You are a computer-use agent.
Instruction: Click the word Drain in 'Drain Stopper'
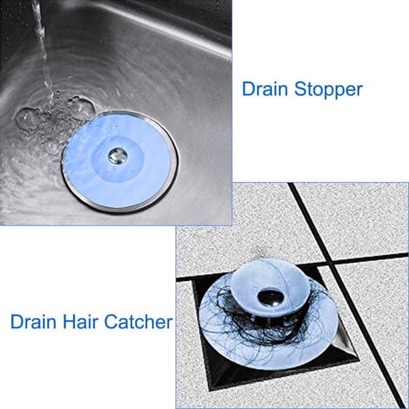click(x=265, y=89)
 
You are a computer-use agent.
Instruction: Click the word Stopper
click(x=329, y=90)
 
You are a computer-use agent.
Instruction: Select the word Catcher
click(x=138, y=321)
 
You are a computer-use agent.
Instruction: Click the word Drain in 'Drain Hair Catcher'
click(x=33, y=321)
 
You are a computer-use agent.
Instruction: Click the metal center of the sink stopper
click(x=117, y=155)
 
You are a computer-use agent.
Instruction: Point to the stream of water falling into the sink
click(x=43, y=50)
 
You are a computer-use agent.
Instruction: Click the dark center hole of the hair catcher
click(x=270, y=297)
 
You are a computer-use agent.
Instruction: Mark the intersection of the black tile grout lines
click(x=331, y=260)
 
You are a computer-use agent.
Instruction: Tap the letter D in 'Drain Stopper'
click(x=248, y=89)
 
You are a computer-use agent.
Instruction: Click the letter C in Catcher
click(x=110, y=321)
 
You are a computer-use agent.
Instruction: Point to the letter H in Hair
click(x=68, y=321)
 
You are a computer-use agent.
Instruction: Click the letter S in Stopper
click(x=300, y=89)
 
